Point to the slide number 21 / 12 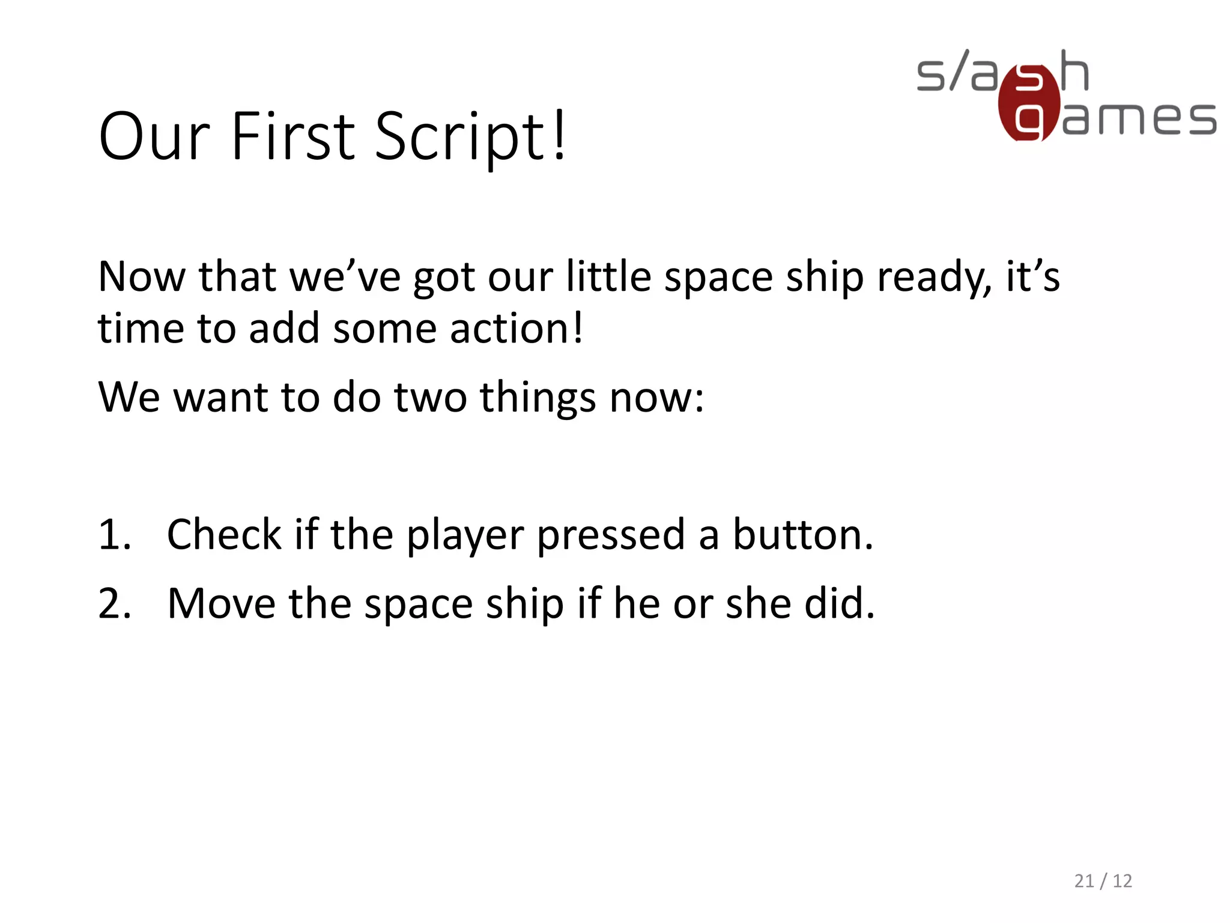(1103, 881)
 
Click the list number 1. (114, 534)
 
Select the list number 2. (114, 603)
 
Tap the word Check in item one (224, 534)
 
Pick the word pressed (611, 535)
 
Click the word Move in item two (221, 603)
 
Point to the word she (759, 603)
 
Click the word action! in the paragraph (517, 329)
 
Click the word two (430, 397)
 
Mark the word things (538, 398)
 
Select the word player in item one (465, 535)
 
